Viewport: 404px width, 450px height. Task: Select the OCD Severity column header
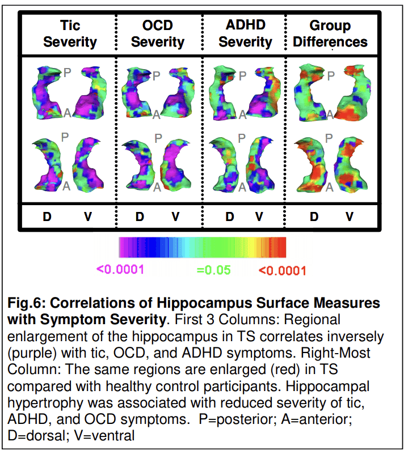pyautogui.click(x=157, y=33)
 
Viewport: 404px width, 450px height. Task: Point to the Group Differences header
pyautogui.click(x=330, y=33)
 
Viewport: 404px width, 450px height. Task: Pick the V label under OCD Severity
pyautogui.click(x=176, y=216)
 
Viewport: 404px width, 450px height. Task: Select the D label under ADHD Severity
pyautogui.click(x=229, y=216)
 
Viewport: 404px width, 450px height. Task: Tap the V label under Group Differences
pyautogui.click(x=350, y=216)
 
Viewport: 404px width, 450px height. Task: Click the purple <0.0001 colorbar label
pyautogui.click(x=120, y=270)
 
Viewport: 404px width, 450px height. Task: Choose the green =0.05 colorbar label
pyautogui.click(x=214, y=270)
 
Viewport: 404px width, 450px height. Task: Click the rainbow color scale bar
pyautogui.click(x=202, y=247)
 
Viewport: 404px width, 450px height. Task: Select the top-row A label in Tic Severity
pyautogui.click(x=66, y=113)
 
